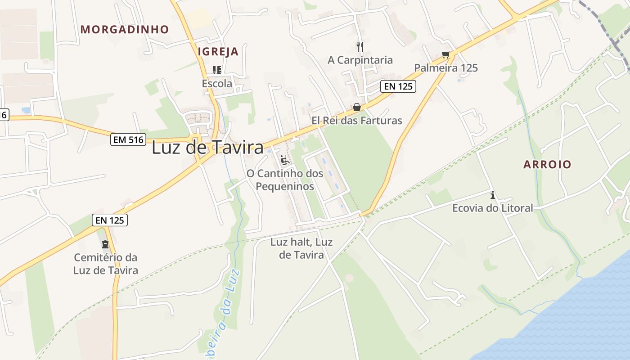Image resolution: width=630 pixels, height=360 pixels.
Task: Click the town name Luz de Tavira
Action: (207, 148)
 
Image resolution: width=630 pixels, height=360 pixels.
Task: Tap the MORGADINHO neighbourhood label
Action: (125, 30)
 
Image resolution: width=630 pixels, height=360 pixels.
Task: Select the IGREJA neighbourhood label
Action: (218, 52)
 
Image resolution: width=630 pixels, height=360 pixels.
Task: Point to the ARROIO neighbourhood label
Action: (547, 165)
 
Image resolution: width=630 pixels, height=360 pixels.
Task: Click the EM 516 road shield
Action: (129, 140)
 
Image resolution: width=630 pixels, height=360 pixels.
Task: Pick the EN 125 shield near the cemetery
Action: (110, 220)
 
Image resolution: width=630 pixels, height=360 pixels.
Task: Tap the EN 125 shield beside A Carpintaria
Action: (398, 86)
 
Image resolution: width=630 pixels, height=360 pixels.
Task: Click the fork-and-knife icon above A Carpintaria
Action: (360, 46)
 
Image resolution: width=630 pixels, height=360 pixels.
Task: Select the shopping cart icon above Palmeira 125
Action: (445, 55)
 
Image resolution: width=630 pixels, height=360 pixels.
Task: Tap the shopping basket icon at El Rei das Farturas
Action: (357, 108)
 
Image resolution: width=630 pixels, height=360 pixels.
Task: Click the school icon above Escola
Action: (217, 70)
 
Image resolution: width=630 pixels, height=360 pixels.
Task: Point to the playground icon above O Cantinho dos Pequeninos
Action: (284, 160)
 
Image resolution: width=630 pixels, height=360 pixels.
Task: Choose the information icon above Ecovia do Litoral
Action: (493, 195)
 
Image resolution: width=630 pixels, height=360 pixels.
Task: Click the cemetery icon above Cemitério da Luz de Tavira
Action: (105, 244)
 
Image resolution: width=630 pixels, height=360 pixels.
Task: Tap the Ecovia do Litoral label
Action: (492, 208)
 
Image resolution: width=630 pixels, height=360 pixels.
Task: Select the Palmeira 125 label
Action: (446, 68)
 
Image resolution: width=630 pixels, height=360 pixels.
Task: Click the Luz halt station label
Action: (301, 248)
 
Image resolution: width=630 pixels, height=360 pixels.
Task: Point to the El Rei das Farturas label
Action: (357, 121)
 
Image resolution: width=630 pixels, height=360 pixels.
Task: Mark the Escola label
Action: (217, 83)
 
